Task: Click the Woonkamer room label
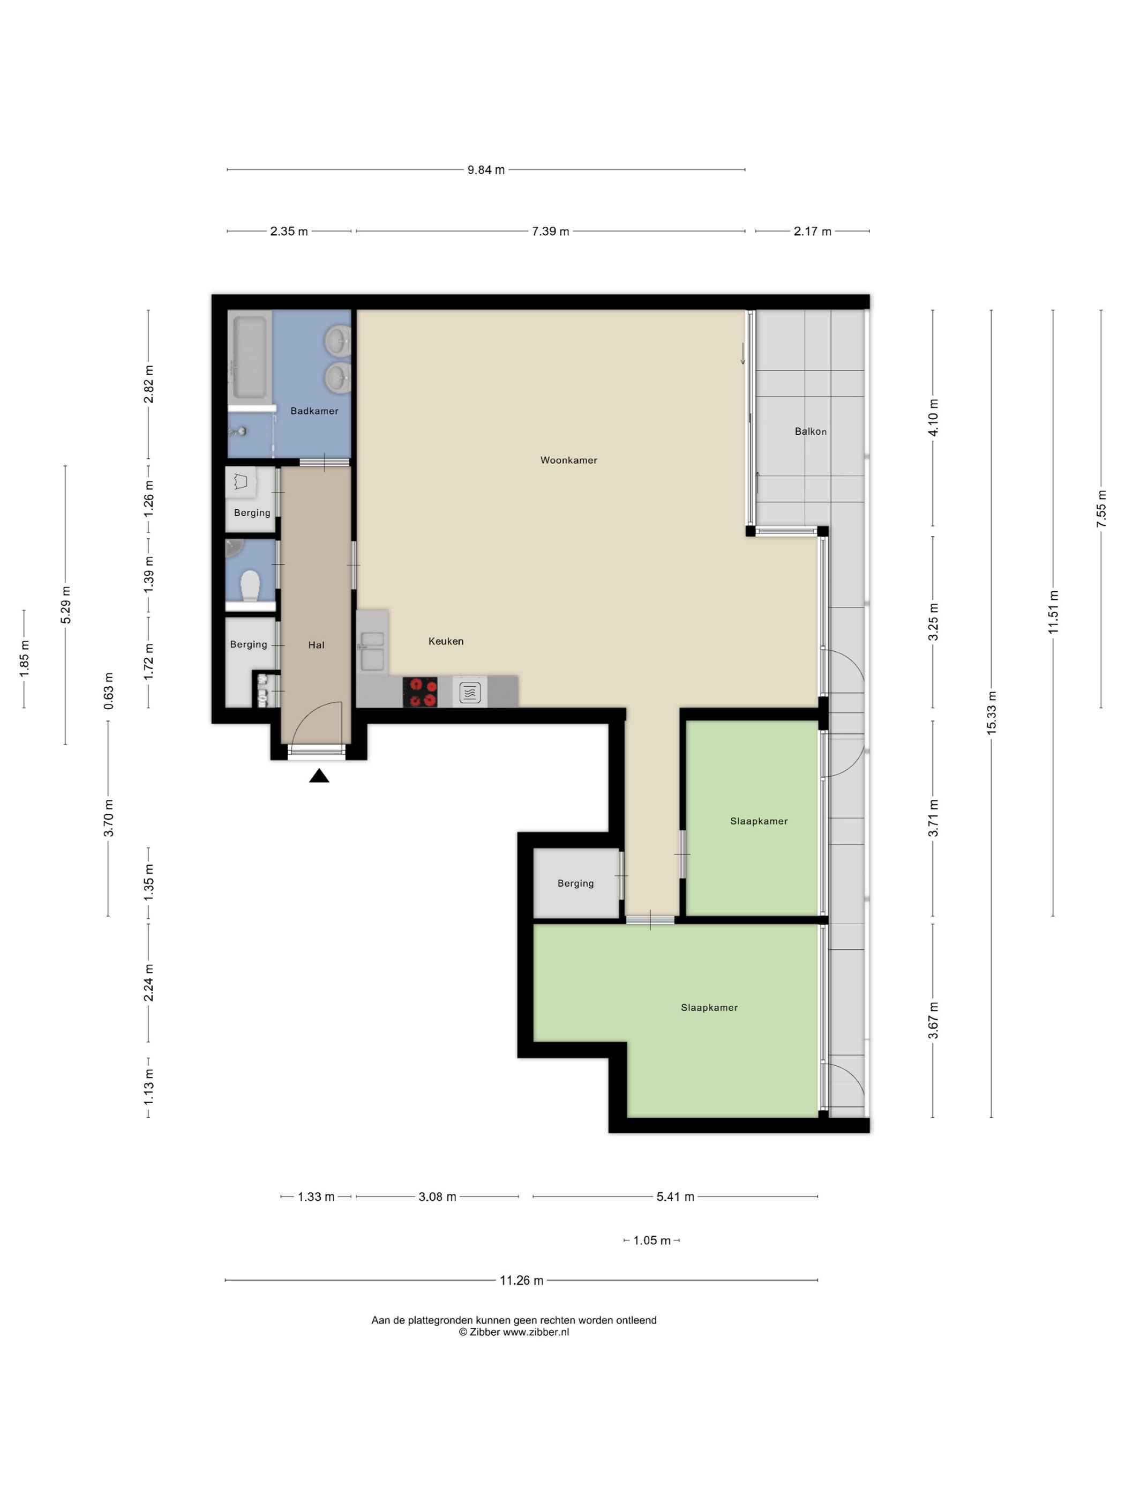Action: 568,460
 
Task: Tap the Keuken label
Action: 446,641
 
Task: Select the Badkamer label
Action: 314,411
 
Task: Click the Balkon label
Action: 811,431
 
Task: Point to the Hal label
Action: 316,645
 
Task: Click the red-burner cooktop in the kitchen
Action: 420,692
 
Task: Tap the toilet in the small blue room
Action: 250,584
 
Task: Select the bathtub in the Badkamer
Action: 250,356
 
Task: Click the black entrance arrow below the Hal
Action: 319,776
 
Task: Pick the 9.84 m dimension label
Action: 486,169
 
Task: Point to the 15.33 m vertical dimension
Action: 992,712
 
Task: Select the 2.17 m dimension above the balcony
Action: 812,232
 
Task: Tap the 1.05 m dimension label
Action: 651,1240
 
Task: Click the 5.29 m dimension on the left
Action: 66,605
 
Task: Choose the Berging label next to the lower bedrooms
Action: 575,883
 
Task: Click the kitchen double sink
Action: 372,650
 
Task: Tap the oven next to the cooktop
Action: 470,692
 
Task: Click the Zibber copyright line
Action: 514,1332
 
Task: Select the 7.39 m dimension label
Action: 550,232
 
